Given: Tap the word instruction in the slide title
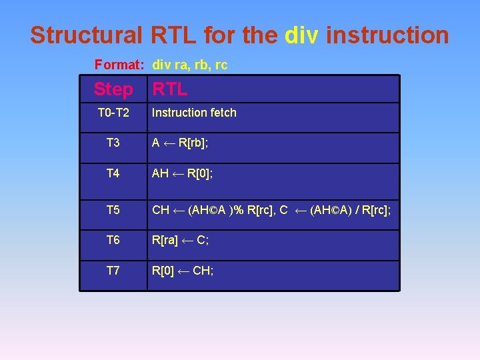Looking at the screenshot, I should tap(388, 35).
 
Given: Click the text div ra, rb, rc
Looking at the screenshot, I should tap(190, 65).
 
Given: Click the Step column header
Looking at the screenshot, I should tap(113, 89).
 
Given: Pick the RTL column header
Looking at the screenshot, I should tap(170, 89).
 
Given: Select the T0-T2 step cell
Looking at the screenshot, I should tap(113, 113).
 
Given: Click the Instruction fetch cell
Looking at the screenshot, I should tap(194, 113).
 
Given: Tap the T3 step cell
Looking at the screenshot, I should tap(113, 143).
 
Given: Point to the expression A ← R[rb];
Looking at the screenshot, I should tap(181, 143).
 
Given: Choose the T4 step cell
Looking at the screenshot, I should tap(113, 173).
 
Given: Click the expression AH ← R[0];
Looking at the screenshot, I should tap(183, 173).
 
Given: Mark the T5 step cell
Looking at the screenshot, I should tap(113, 210).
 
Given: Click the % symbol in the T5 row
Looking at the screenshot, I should tap(238, 210).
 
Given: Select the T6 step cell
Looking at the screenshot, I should tap(113, 240).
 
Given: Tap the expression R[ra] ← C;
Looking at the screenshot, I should tap(181, 240).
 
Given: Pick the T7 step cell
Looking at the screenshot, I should tap(113, 271).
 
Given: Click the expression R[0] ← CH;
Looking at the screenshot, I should tap(183, 271).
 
